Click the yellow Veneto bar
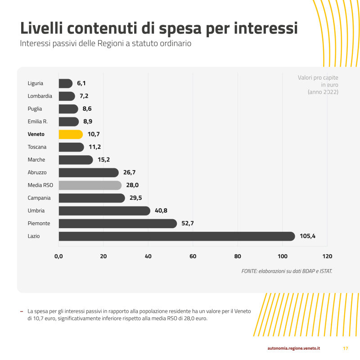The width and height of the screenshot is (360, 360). [71, 134]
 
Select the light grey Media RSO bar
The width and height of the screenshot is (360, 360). [90, 185]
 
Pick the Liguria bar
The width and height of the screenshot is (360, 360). [65, 83]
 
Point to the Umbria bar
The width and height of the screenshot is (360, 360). [104, 211]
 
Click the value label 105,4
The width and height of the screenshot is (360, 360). [307, 236]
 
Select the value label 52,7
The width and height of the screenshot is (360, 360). [188, 223]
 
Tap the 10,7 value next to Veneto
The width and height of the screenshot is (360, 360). [94, 134]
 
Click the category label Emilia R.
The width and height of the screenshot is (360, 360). [37, 121]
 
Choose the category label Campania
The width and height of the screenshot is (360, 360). [39, 198]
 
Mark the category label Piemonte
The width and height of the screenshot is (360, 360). [39, 223]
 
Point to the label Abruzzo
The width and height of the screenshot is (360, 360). [37, 172]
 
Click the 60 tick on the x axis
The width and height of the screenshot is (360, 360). [193, 256]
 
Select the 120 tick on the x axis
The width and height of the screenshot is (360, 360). [327, 256]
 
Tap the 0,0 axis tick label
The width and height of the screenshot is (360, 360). [58, 256]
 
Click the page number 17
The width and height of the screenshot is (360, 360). [346, 348]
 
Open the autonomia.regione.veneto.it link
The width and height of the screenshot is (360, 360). [293, 348]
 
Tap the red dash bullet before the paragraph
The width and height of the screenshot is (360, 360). [21, 311]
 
